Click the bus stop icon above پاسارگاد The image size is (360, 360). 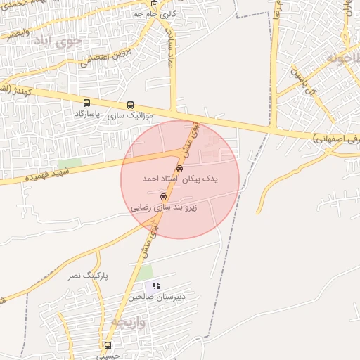[86, 103]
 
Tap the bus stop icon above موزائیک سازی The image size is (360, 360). [130, 105]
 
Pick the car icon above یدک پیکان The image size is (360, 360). [180, 169]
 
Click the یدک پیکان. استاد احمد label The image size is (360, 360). [180, 179]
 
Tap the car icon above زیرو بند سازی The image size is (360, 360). [164, 196]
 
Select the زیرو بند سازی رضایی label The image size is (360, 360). [164, 207]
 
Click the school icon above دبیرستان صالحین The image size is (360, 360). [156, 286]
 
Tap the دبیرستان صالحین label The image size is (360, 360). [156, 297]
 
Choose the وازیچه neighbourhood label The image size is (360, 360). [127, 323]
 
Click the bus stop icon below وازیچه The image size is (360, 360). [108, 345]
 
